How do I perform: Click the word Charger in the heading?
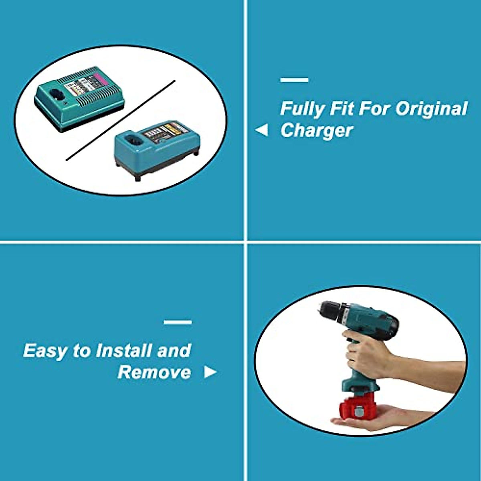coord(317,131)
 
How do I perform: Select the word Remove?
coord(154,372)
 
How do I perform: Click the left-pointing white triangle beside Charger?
coord(261,130)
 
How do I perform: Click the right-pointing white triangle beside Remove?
coord(210,372)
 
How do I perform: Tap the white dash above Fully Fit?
coord(294,80)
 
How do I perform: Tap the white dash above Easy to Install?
coord(178,322)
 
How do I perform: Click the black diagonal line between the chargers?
coord(120,120)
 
